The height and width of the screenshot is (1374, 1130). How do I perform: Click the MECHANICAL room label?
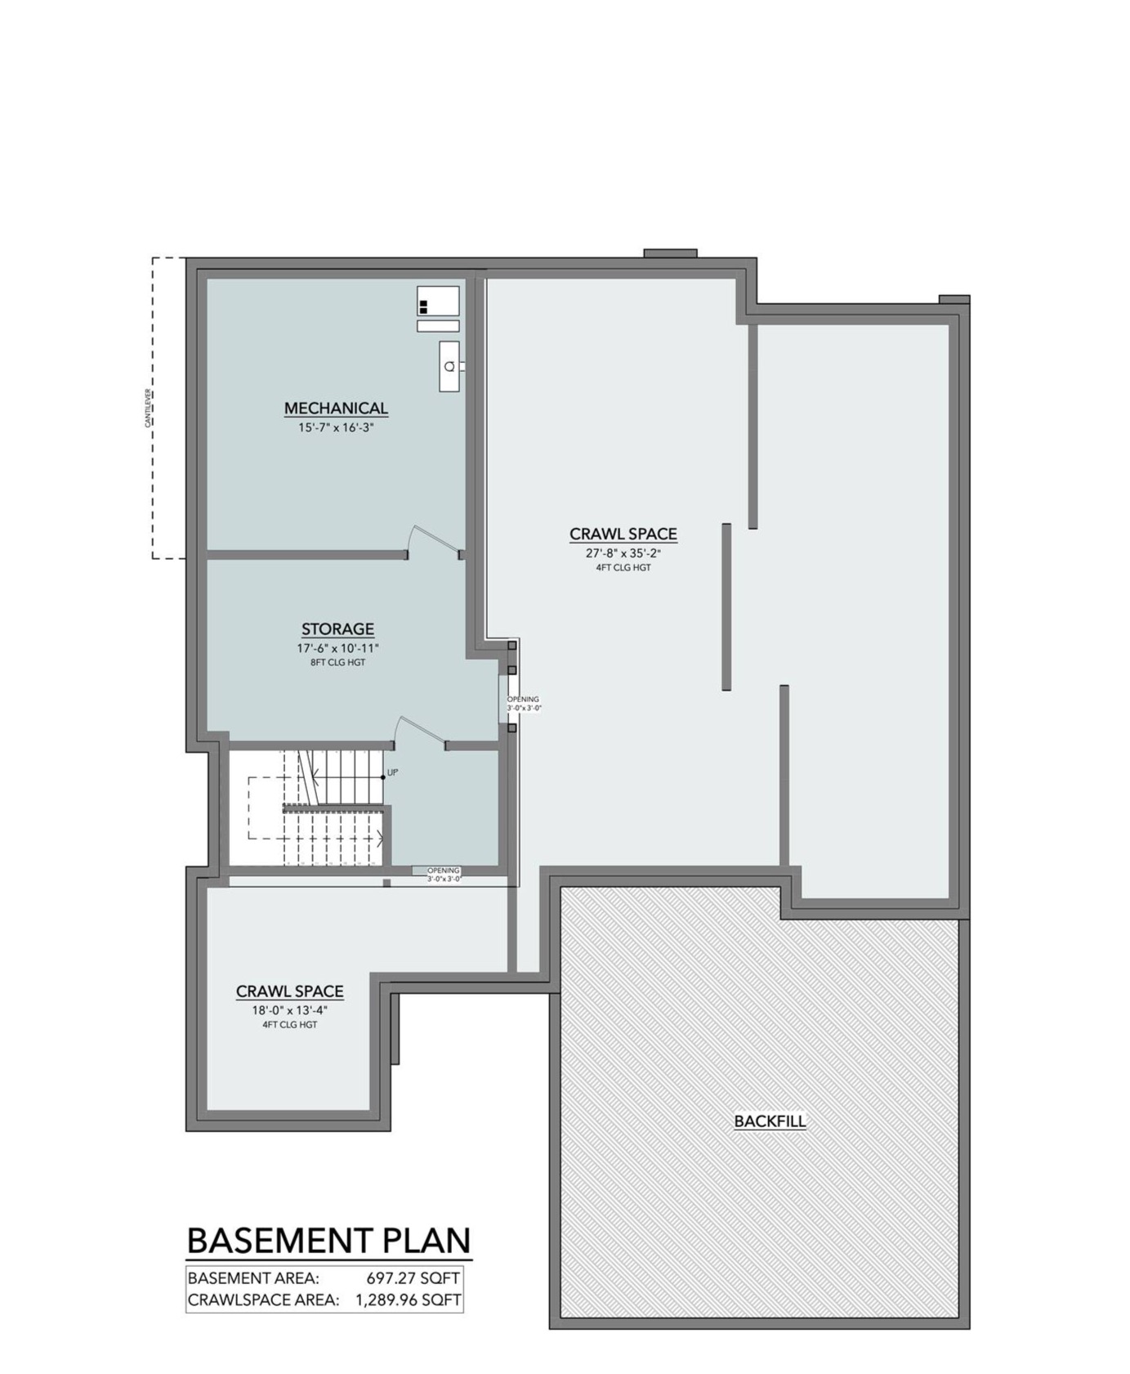336,408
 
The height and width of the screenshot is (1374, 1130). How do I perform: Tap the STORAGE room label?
337,629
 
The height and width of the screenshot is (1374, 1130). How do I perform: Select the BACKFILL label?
770,1121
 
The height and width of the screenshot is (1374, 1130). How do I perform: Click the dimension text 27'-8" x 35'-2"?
623,553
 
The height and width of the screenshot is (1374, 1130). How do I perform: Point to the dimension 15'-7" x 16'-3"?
336,427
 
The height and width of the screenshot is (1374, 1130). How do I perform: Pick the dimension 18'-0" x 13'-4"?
289,1010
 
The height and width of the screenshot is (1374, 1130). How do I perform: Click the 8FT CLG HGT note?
337,663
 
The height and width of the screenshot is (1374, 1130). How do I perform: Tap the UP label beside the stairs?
392,772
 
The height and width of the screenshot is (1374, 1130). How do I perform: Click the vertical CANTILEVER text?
148,408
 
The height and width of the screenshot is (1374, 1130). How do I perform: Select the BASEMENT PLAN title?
329,1240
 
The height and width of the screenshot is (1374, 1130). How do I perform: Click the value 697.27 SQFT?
413,1278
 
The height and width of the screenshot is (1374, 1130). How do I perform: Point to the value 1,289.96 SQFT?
408,1300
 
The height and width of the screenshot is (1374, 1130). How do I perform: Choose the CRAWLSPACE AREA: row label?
263,1300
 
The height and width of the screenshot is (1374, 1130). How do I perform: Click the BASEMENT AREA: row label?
253,1278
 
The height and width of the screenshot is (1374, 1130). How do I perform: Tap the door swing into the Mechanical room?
435,540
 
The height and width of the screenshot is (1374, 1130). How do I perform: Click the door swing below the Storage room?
420,731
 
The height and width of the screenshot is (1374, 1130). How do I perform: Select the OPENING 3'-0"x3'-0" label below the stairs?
444,875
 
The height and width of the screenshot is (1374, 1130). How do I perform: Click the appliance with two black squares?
438,301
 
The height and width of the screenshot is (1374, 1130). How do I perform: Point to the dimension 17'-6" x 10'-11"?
337,648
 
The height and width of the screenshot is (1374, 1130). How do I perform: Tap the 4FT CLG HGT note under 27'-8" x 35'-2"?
623,567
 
